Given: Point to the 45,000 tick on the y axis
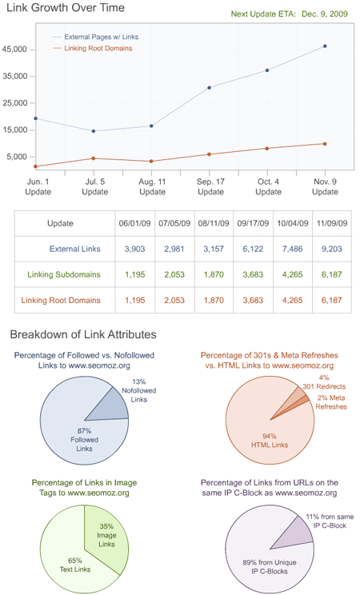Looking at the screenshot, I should [x=16, y=50].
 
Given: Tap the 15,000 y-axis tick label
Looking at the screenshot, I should [x=16, y=130].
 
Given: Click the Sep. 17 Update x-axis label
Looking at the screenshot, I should [x=210, y=187].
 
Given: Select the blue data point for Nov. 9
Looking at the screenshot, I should [x=325, y=46].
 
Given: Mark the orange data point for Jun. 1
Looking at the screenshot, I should [x=36, y=166].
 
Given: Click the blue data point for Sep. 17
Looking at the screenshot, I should [x=210, y=87].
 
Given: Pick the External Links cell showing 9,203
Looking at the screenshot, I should [x=330, y=249].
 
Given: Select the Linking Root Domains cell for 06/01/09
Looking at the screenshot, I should [x=134, y=301].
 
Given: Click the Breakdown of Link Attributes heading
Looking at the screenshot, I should [x=82, y=334].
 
